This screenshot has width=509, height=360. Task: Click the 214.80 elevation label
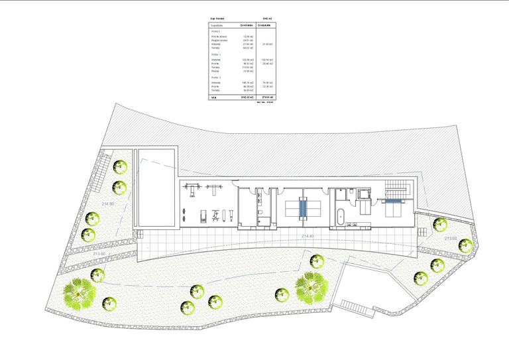click(108, 204)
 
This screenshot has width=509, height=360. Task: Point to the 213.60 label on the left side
click(99, 253)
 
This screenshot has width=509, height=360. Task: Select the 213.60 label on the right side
click(451, 239)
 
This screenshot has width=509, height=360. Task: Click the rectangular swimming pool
click(156, 188)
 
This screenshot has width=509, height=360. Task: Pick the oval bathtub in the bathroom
click(341, 215)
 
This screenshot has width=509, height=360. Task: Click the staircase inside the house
click(400, 188)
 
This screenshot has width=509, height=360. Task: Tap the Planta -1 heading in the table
click(215, 55)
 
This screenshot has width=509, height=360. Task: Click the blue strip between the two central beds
click(303, 206)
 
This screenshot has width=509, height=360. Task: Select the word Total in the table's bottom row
click(213, 97)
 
